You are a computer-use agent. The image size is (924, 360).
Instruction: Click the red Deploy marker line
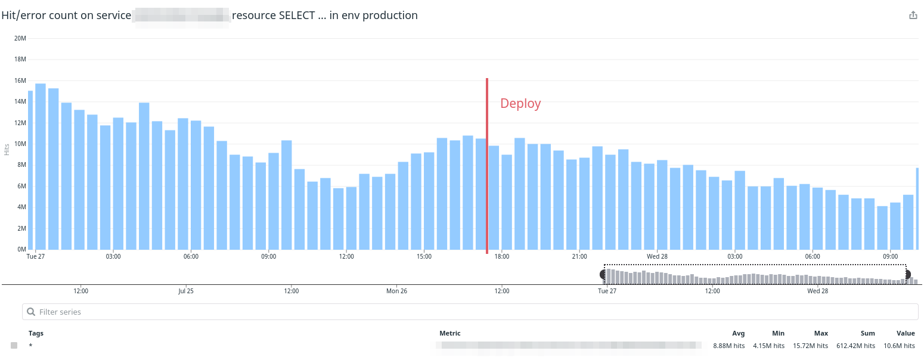click(x=487, y=167)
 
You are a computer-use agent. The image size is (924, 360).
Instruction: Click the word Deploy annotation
click(x=520, y=104)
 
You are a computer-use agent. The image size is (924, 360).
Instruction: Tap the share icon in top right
click(x=913, y=15)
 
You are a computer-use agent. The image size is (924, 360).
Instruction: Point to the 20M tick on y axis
click(x=20, y=38)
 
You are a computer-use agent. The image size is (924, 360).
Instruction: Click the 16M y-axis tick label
click(x=20, y=80)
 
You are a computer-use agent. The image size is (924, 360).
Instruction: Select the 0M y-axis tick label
click(x=21, y=249)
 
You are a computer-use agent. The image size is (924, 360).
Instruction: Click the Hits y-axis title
click(x=7, y=149)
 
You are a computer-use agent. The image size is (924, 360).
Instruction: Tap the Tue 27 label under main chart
click(x=36, y=256)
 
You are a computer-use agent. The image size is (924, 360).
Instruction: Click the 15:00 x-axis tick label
click(x=424, y=256)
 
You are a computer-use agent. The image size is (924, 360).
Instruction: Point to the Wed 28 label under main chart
click(x=657, y=256)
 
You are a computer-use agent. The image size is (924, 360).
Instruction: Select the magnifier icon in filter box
click(x=32, y=312)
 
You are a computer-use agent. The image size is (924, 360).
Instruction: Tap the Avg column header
click(x=738, y=333)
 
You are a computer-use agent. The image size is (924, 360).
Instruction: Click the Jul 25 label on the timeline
click(x=186, y=291)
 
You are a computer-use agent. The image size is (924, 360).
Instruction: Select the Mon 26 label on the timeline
click(x=396, y=291)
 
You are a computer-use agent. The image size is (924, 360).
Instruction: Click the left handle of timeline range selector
click(x=603, y=274)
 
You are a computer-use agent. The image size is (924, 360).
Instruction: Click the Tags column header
click(x=36, y=333)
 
